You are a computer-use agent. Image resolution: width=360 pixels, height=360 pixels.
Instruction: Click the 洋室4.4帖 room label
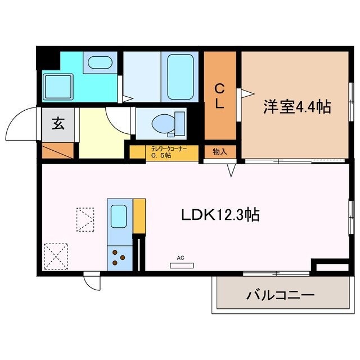(295, 107)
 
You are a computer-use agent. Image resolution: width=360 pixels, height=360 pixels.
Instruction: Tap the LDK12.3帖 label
(220, 215)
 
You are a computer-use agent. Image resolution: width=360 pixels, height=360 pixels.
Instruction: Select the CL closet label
(220, 96)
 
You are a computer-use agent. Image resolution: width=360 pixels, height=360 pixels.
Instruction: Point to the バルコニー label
(280, 295)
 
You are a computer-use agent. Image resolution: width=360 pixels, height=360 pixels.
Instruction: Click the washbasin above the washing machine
(101, 62)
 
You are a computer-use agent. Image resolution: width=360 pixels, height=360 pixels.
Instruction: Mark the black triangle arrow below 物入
(231, 169)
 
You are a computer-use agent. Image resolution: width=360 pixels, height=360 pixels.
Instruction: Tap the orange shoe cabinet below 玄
(58, 150)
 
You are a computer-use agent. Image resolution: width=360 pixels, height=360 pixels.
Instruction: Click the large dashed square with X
(55, 256)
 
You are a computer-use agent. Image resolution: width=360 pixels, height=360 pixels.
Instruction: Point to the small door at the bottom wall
(91, 280)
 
